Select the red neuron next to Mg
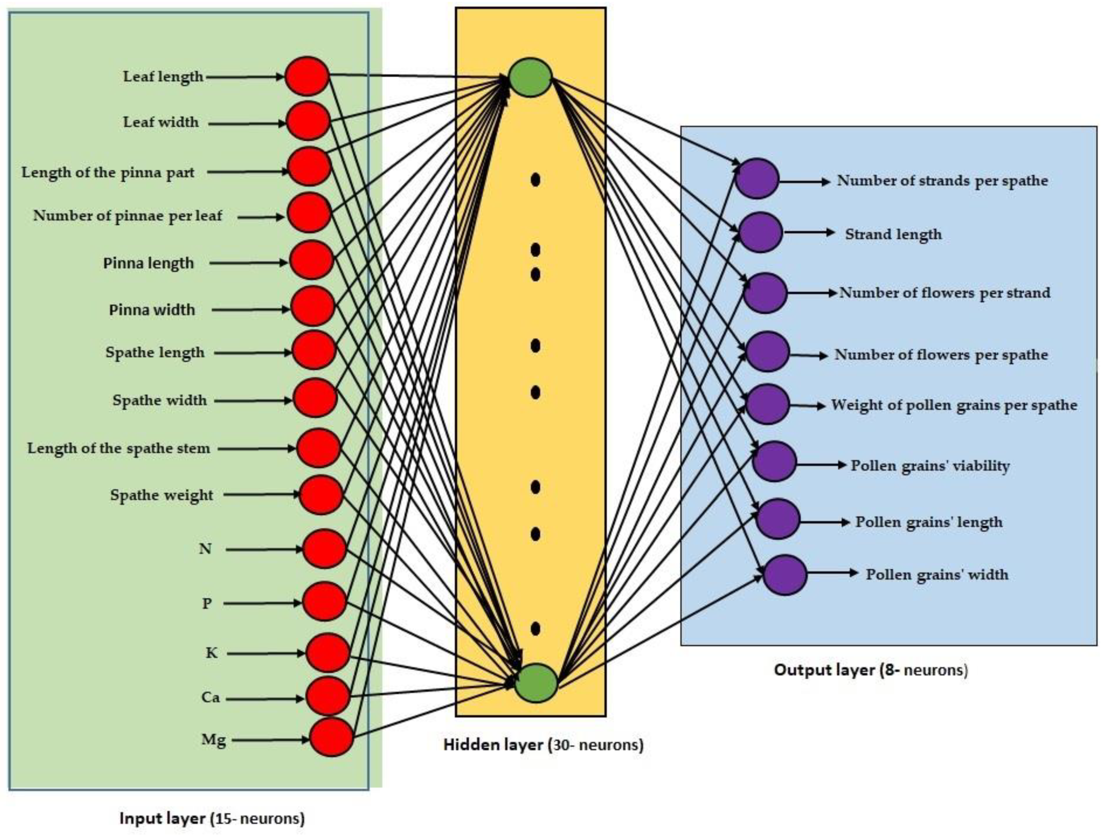(331, 737)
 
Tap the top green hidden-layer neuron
(530, 77)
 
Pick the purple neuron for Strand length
(760, 232)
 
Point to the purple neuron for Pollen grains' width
(785, 575)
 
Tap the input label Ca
(210, 697)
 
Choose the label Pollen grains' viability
(930, 466)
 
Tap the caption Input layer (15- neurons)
(212, 818)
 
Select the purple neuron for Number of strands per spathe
(757, 179)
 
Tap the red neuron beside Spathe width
(315, 398)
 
